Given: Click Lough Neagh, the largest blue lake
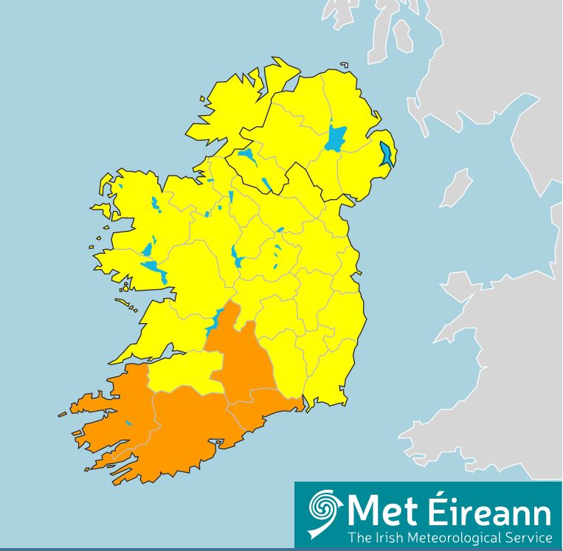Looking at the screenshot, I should (x=336, y=138).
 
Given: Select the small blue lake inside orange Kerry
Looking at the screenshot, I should (x=128, y=423).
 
